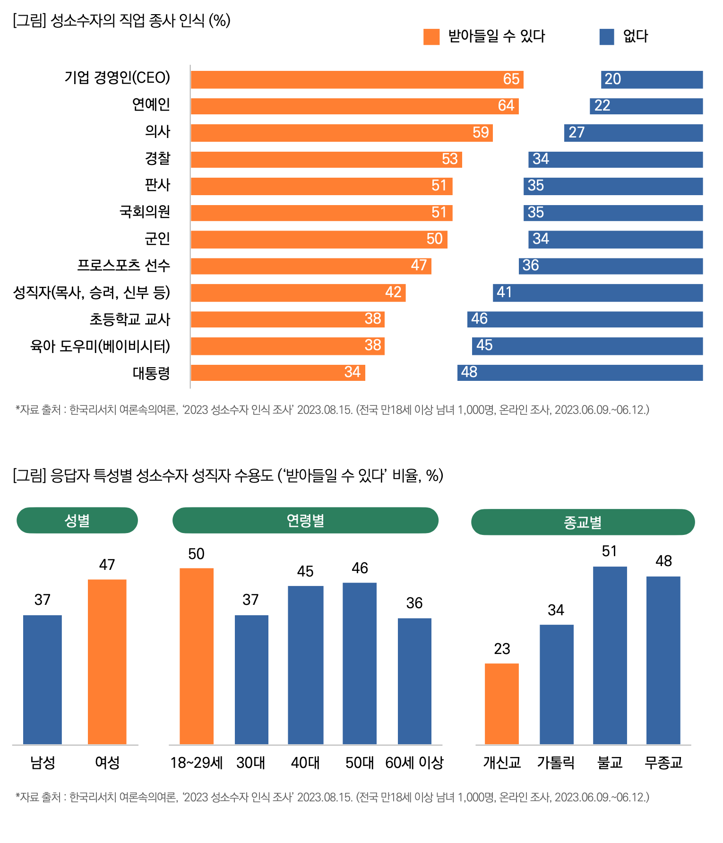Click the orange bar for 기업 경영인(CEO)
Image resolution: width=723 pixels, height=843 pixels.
[x=357, y=79]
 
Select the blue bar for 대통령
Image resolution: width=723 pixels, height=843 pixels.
[x=580, y=373]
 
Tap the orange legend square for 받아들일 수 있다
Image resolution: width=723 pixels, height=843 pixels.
[x=431, y=37]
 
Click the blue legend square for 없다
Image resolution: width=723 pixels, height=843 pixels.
[x=607, y=37]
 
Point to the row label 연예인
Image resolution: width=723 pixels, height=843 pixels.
[x=151, y=104]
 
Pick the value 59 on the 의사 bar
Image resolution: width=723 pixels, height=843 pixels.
[x=481, y=133]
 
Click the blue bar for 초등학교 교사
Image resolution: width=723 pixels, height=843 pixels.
[x=585, y=319]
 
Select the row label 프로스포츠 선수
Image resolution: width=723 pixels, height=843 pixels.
[x=123, y=266]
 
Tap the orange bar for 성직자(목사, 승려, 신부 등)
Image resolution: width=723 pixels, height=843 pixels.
[x=298, y=293]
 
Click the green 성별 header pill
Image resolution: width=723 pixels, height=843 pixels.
[x=77, y=520]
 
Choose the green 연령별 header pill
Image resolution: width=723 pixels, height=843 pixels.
[x=305, y=520]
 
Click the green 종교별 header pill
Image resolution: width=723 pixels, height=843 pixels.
[x=583, y=522]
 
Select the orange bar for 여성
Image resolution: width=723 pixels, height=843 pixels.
[x=107, y=662]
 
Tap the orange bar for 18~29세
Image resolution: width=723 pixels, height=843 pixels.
[x=197, y=656]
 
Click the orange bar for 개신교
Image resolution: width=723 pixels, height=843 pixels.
[x=502, y=704]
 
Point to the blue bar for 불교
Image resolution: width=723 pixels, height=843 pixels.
[x=610, y=655]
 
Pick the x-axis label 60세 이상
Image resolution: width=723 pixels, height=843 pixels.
[x=414, y=762]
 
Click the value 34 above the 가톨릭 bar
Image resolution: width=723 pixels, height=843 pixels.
[x=556, y=610]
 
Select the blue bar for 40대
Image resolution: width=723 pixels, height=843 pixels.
[x=306, y=665]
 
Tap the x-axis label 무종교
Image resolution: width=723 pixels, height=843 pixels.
[x=663, y=762]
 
